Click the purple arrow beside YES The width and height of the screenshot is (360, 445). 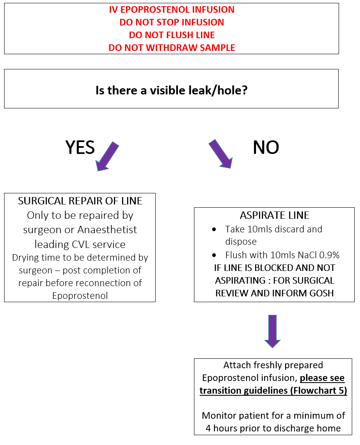click(x=107, y=156)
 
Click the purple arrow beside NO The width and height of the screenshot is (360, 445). click(x=221, y=154)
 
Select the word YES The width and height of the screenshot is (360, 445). click(x=80, y=147)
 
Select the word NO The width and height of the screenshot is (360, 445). click(x=266, y=147)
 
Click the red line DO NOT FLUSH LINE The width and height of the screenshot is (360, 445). click(x=172, y=35)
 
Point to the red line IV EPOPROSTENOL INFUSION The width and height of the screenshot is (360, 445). click(x=172, y=9)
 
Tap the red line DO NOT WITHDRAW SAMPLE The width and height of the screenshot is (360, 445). click(x=172, y=48)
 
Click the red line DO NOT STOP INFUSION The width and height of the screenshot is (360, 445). click(x=172, y=22)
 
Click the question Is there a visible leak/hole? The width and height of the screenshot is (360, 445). click(x=171, y=90)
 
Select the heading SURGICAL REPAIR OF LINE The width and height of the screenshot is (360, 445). click(x=80, y=201)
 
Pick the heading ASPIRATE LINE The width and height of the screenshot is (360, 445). click(x=275, y=215)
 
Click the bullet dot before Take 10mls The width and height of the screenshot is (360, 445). click(x=214, y=229)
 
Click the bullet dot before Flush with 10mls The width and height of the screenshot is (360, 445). click(x=214, y=255)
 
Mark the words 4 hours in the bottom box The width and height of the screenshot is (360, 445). click(x=220, y=428)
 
